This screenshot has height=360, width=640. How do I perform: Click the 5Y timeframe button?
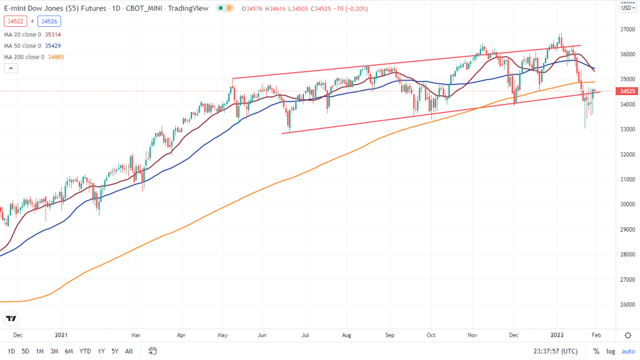[x=114, y=351]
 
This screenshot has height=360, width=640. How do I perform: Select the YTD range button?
[x=86, y=351]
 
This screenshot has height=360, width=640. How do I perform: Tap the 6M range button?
[x=69, y=351]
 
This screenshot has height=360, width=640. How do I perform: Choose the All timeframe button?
[x=129, y=351]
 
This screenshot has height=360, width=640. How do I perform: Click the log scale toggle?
[x=611, y=351]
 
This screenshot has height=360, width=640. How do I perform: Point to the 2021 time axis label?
[x=61, y=335]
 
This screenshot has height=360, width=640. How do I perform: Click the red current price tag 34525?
[x=627, y=91]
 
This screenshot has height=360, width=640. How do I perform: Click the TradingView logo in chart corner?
[x=11, y=318]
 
